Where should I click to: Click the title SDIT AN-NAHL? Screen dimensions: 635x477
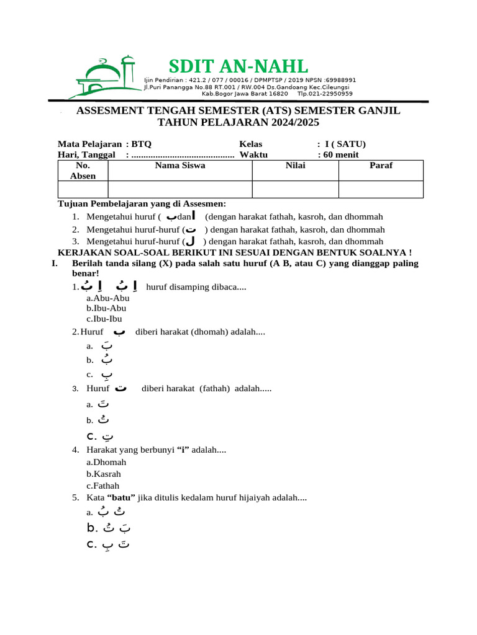tap(238, 66)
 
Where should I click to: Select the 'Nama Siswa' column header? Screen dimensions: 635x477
tap(179, 166)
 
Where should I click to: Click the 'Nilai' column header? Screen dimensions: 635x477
tap(295, 166)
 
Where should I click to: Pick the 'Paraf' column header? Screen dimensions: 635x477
tap(381, 166)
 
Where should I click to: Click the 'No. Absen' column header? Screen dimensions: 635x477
tap(83, 171)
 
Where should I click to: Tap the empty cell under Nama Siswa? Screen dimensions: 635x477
tap(179, 189)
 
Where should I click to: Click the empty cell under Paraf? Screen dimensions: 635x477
tap(381, 189)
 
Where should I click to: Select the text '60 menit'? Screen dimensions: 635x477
tap(340, 154)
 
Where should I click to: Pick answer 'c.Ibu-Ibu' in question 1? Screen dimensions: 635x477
tap(104, 319)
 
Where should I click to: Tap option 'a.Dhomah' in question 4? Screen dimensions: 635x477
tap(106, 463)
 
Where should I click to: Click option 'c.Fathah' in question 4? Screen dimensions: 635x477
tap(103, 486)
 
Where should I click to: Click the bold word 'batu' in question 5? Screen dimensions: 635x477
tap(121, 497)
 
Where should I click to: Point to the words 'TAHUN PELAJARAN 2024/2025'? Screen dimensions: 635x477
tap(238, 122)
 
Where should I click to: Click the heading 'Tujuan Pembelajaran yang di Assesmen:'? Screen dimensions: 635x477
tap(142, 203)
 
